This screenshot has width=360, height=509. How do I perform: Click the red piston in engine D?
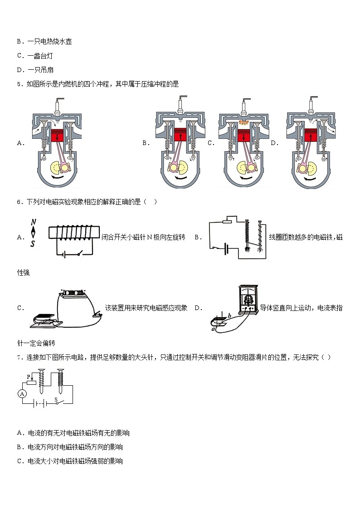311,136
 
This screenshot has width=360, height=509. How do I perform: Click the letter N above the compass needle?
33,223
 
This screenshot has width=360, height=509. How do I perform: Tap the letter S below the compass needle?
32,244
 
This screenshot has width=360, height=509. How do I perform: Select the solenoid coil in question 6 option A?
72,233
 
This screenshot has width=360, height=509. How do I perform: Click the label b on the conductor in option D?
230,315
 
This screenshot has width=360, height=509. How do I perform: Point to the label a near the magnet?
213,329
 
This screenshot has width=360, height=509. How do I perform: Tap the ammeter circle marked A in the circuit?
22,394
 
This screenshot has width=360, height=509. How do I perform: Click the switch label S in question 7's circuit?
56,399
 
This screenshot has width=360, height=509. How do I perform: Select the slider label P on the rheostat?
28,376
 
